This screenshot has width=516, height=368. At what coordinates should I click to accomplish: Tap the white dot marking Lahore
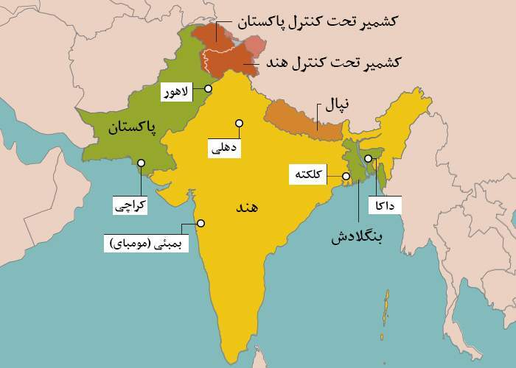click(x=209, y=88)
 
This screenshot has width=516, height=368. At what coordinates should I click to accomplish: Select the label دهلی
click(x=225, y=148)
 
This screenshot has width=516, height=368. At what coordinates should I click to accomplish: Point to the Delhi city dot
click(x=239, y=123)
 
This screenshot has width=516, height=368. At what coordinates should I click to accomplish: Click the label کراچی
click(x=130, y=205)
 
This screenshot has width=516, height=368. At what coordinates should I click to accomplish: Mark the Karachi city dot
click(x=140, y=164)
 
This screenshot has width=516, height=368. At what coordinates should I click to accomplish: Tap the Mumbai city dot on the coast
click(x=200, y=224)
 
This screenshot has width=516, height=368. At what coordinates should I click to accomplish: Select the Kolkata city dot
click(x=344, y=177)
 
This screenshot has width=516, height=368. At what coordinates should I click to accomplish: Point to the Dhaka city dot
click(x=368, y=158)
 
